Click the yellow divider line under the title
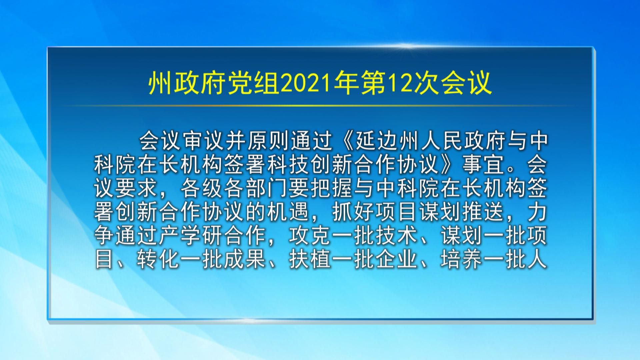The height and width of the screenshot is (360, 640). (x=320, y=106)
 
